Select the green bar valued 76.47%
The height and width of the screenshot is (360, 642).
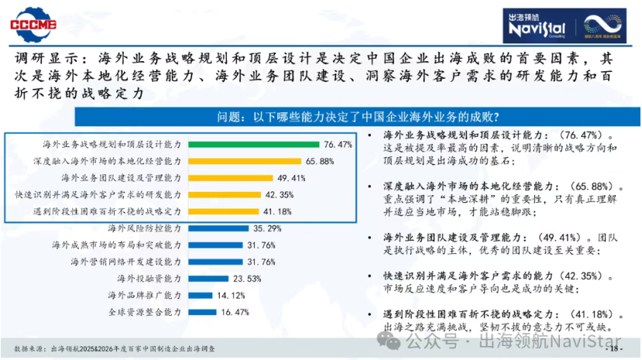[x=252, y=144]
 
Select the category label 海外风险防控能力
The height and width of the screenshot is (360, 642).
[x=144, y=228]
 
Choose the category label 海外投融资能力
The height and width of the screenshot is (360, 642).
[x=149, y=278]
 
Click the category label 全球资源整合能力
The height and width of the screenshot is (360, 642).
[x=144, y=312]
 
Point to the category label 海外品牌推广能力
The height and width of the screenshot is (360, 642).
[x=144, y=295]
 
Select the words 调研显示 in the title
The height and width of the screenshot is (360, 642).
[x=45, y=59]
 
